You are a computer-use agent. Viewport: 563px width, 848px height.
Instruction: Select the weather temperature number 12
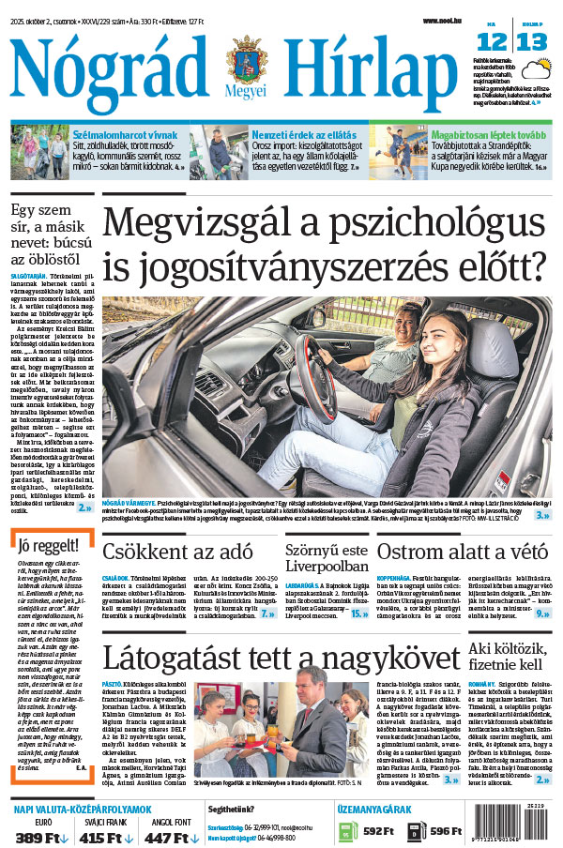tap(493, 40)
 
